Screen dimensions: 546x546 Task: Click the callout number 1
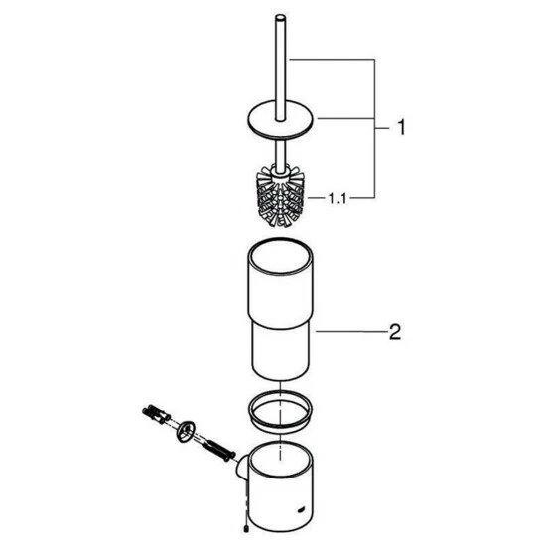tap(401, 127)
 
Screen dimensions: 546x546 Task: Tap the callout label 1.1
tap(338, 199)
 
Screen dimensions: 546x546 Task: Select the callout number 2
tap(395, 332)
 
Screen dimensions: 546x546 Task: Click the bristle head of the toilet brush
tap(280, 197)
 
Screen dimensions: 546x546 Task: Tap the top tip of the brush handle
tap(280, 16)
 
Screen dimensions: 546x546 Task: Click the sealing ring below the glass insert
tap(280, 411)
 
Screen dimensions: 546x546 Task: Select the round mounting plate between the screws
tap(186, 431)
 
